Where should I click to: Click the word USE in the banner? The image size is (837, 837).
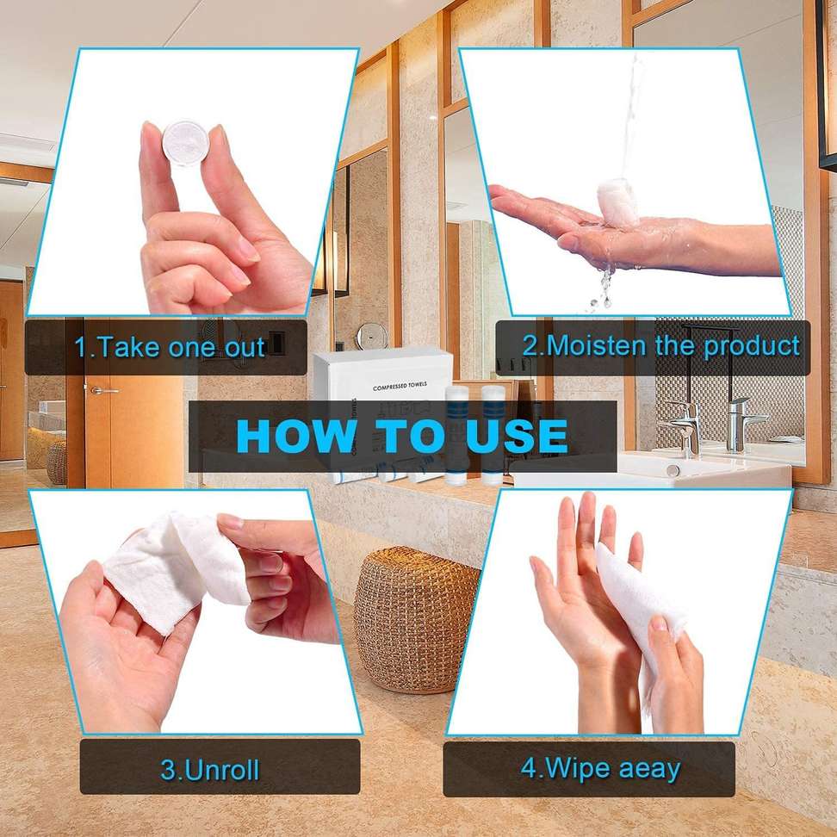tap(518, 436)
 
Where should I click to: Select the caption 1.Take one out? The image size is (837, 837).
tap(170, 347)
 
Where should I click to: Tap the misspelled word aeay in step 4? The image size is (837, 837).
tap(642, 767)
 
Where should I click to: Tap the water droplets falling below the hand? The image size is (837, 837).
tap(603, 284)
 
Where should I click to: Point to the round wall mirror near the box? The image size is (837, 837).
tap(371, 335)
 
